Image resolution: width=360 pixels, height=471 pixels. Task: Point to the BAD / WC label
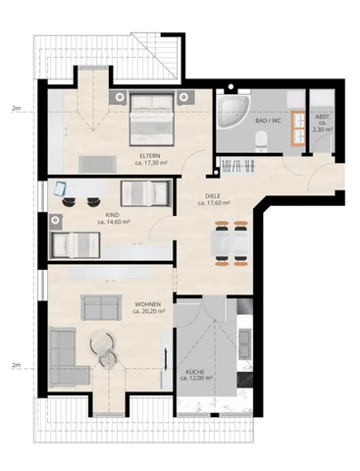coord(268,121)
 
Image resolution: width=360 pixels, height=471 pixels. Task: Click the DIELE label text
coord(217,196)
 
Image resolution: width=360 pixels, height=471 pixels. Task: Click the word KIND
coord(114,214)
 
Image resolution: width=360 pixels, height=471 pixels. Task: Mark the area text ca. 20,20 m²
coord(149,312)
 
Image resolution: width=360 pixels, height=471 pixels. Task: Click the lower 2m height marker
coord(16,365)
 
